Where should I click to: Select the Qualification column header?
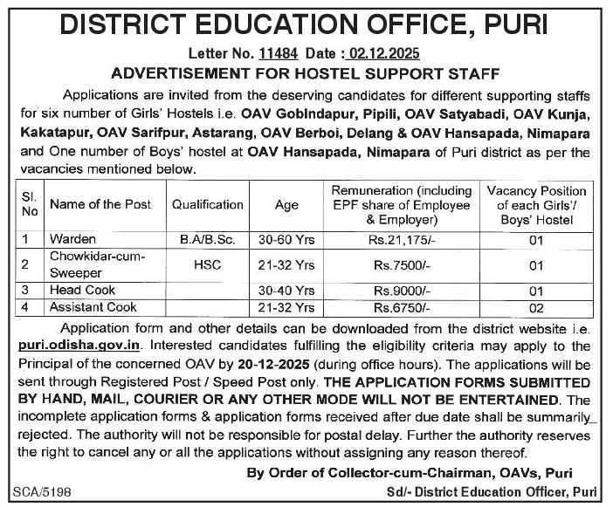coord(208,204)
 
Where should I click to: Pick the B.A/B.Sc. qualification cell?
coord(208,237)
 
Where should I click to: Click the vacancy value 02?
coord(537,307)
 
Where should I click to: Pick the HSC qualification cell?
coord(208,263)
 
